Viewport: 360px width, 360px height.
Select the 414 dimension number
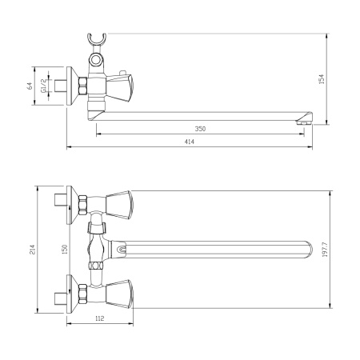click(190, 142)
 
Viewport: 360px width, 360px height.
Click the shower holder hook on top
click(98, 39)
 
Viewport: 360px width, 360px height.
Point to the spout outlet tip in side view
click(302, 122)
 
